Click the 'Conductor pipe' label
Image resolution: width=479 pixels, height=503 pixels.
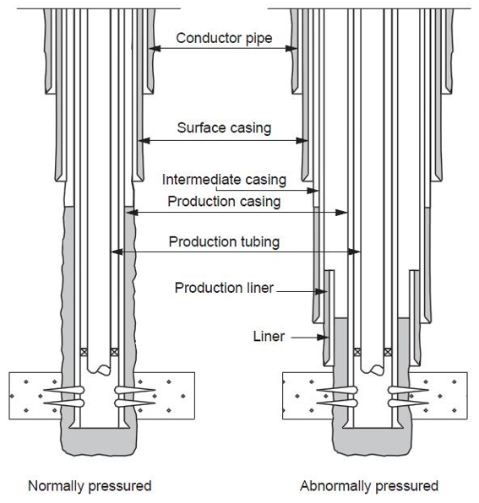point(224,38)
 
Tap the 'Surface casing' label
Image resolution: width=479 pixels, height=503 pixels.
point(224,127)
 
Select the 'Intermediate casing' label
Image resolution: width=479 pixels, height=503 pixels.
point(224,180)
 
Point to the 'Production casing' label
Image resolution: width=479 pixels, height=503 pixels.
point(224,202)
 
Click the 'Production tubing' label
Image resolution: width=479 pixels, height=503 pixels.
point(224,241)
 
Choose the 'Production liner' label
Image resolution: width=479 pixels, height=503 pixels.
point(224,288)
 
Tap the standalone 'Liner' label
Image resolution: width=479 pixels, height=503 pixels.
point(269,337)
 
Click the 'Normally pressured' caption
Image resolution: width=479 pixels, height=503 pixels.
point(90,486)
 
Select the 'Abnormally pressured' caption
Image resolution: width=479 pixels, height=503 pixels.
point(369,486)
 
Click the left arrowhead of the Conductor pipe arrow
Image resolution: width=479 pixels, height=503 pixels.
point(155,49)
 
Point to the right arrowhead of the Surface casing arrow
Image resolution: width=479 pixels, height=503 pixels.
point(302,140)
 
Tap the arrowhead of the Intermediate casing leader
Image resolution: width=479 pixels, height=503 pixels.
point(313,191)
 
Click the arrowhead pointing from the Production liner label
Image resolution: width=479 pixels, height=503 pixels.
point(321,292)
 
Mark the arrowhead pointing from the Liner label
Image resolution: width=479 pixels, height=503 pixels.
point(323,337)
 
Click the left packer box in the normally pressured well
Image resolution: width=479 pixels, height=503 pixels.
point(84,352)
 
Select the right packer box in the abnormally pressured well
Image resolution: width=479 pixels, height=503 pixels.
point(388,352)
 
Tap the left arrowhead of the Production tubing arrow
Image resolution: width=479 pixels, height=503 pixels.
point(117,251)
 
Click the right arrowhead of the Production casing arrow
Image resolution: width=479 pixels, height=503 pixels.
point(341,213)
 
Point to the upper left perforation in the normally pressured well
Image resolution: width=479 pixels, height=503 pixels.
point(64,390)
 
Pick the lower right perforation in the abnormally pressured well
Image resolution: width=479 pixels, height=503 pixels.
point(408,403)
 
